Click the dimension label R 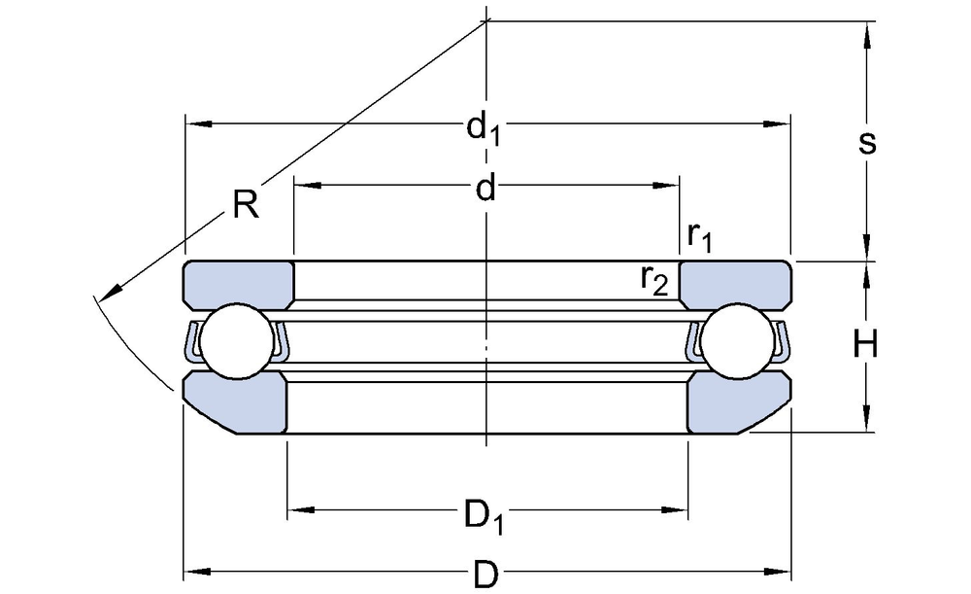(247, 204)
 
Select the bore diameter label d (485, 189)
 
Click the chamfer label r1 (699, 235)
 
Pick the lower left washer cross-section (236, 402)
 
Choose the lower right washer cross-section (738, 402)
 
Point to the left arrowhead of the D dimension (195, 571)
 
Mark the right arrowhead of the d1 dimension (781, 123)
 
